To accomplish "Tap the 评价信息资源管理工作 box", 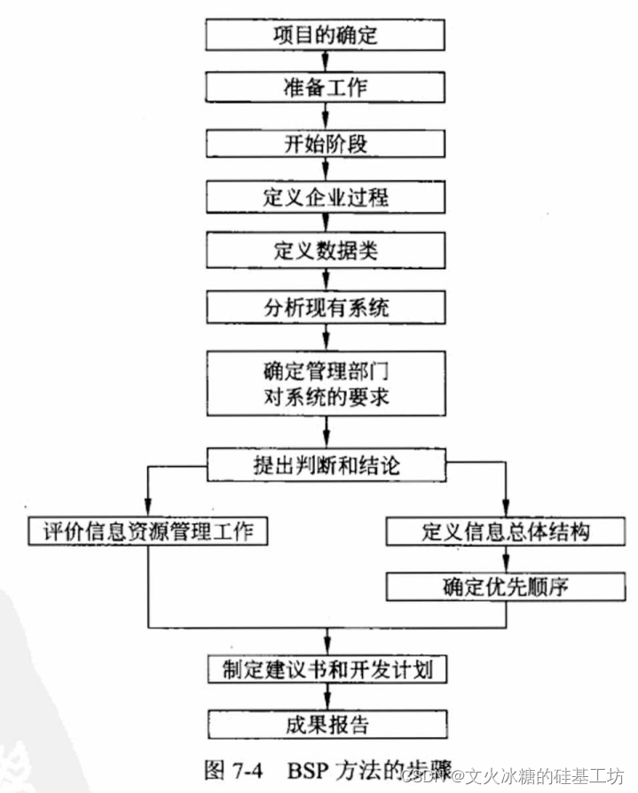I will coord(147,531).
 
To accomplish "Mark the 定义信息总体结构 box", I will coord(506,531).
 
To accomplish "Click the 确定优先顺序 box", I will coord(506,586).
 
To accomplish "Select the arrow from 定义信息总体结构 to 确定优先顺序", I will coord(507,559).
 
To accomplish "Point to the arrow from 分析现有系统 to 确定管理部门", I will coord(327,337).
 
